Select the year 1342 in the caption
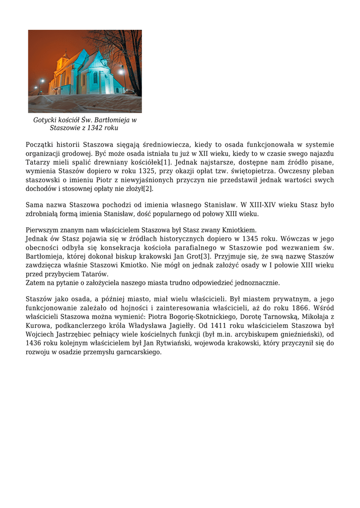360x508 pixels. (95, 128)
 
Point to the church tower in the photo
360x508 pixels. (63, 62)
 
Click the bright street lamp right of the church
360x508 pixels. (121, 72)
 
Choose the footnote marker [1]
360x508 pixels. (165, 162)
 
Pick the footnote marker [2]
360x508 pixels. (148, 189)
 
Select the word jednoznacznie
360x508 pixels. (256, 283)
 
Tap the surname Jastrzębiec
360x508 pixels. (72, 335)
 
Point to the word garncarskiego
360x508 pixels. (137, 352)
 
